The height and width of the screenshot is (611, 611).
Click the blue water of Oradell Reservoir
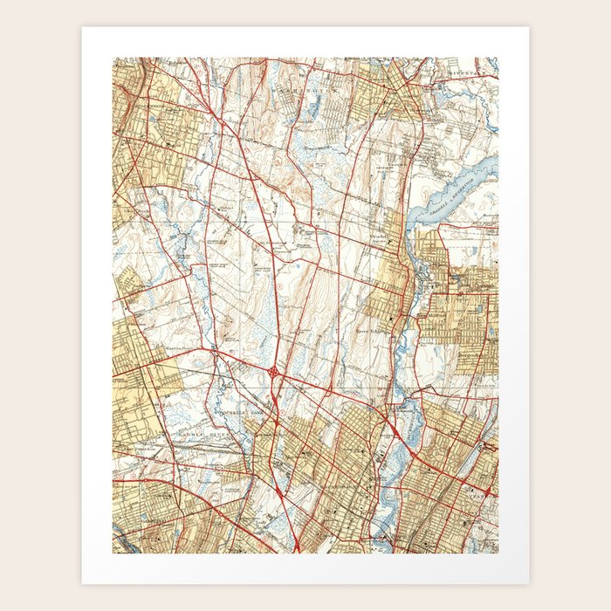(x=463, y=183)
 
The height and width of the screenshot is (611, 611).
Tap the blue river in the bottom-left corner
(x=122, y=545)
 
